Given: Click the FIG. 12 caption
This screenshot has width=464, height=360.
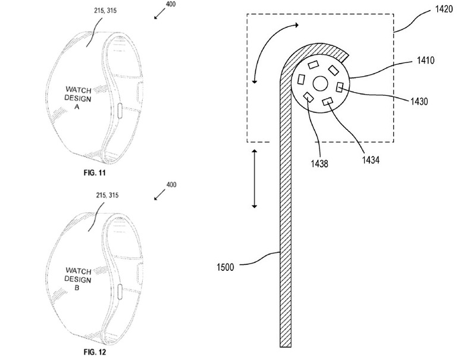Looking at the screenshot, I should pos(94,351).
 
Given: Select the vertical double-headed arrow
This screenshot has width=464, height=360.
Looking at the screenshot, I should pos(255,179).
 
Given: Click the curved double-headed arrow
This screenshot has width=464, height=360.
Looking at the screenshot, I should pos(271,48).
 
